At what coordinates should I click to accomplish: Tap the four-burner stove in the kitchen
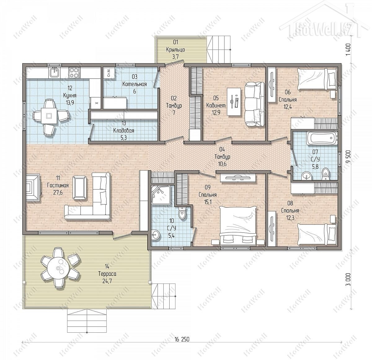click(x=74, y=73)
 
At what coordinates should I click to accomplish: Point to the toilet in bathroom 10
click(x=182, y=213)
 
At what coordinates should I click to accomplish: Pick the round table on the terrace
click(x=57, y=268)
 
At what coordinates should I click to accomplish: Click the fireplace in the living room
click(x=33, y=187)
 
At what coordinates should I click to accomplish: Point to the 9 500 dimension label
click(x=348, y=156)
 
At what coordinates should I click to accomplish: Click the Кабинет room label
click(x=216, y=106)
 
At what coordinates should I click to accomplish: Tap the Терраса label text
click(x=107, y=274)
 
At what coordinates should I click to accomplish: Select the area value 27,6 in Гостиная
click(x=58, y=192)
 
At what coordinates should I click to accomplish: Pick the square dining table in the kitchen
click(x=49, y=115)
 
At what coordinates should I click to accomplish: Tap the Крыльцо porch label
click(x=175, y=50)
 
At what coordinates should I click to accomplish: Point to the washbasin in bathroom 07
click(x=306, y=176)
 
